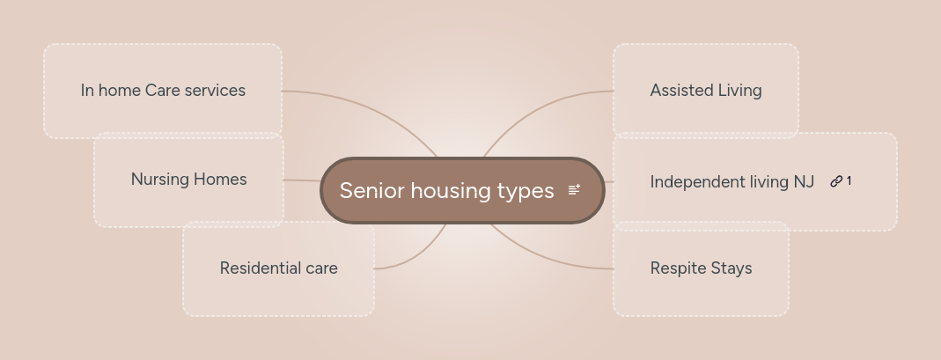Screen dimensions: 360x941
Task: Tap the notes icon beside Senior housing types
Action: point(574,190)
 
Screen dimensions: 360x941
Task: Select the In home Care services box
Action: point(163,91)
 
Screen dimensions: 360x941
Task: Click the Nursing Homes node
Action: point(188,180)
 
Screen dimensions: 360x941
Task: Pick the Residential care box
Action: point(278,268)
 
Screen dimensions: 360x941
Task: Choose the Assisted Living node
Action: point(705,91)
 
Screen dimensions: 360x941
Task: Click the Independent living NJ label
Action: point(731,182)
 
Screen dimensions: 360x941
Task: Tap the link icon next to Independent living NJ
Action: point(836,181)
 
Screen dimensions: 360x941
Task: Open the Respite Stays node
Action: point(701,268)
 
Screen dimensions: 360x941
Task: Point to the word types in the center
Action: point(526,191)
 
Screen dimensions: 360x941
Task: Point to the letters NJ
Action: point(804,182)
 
